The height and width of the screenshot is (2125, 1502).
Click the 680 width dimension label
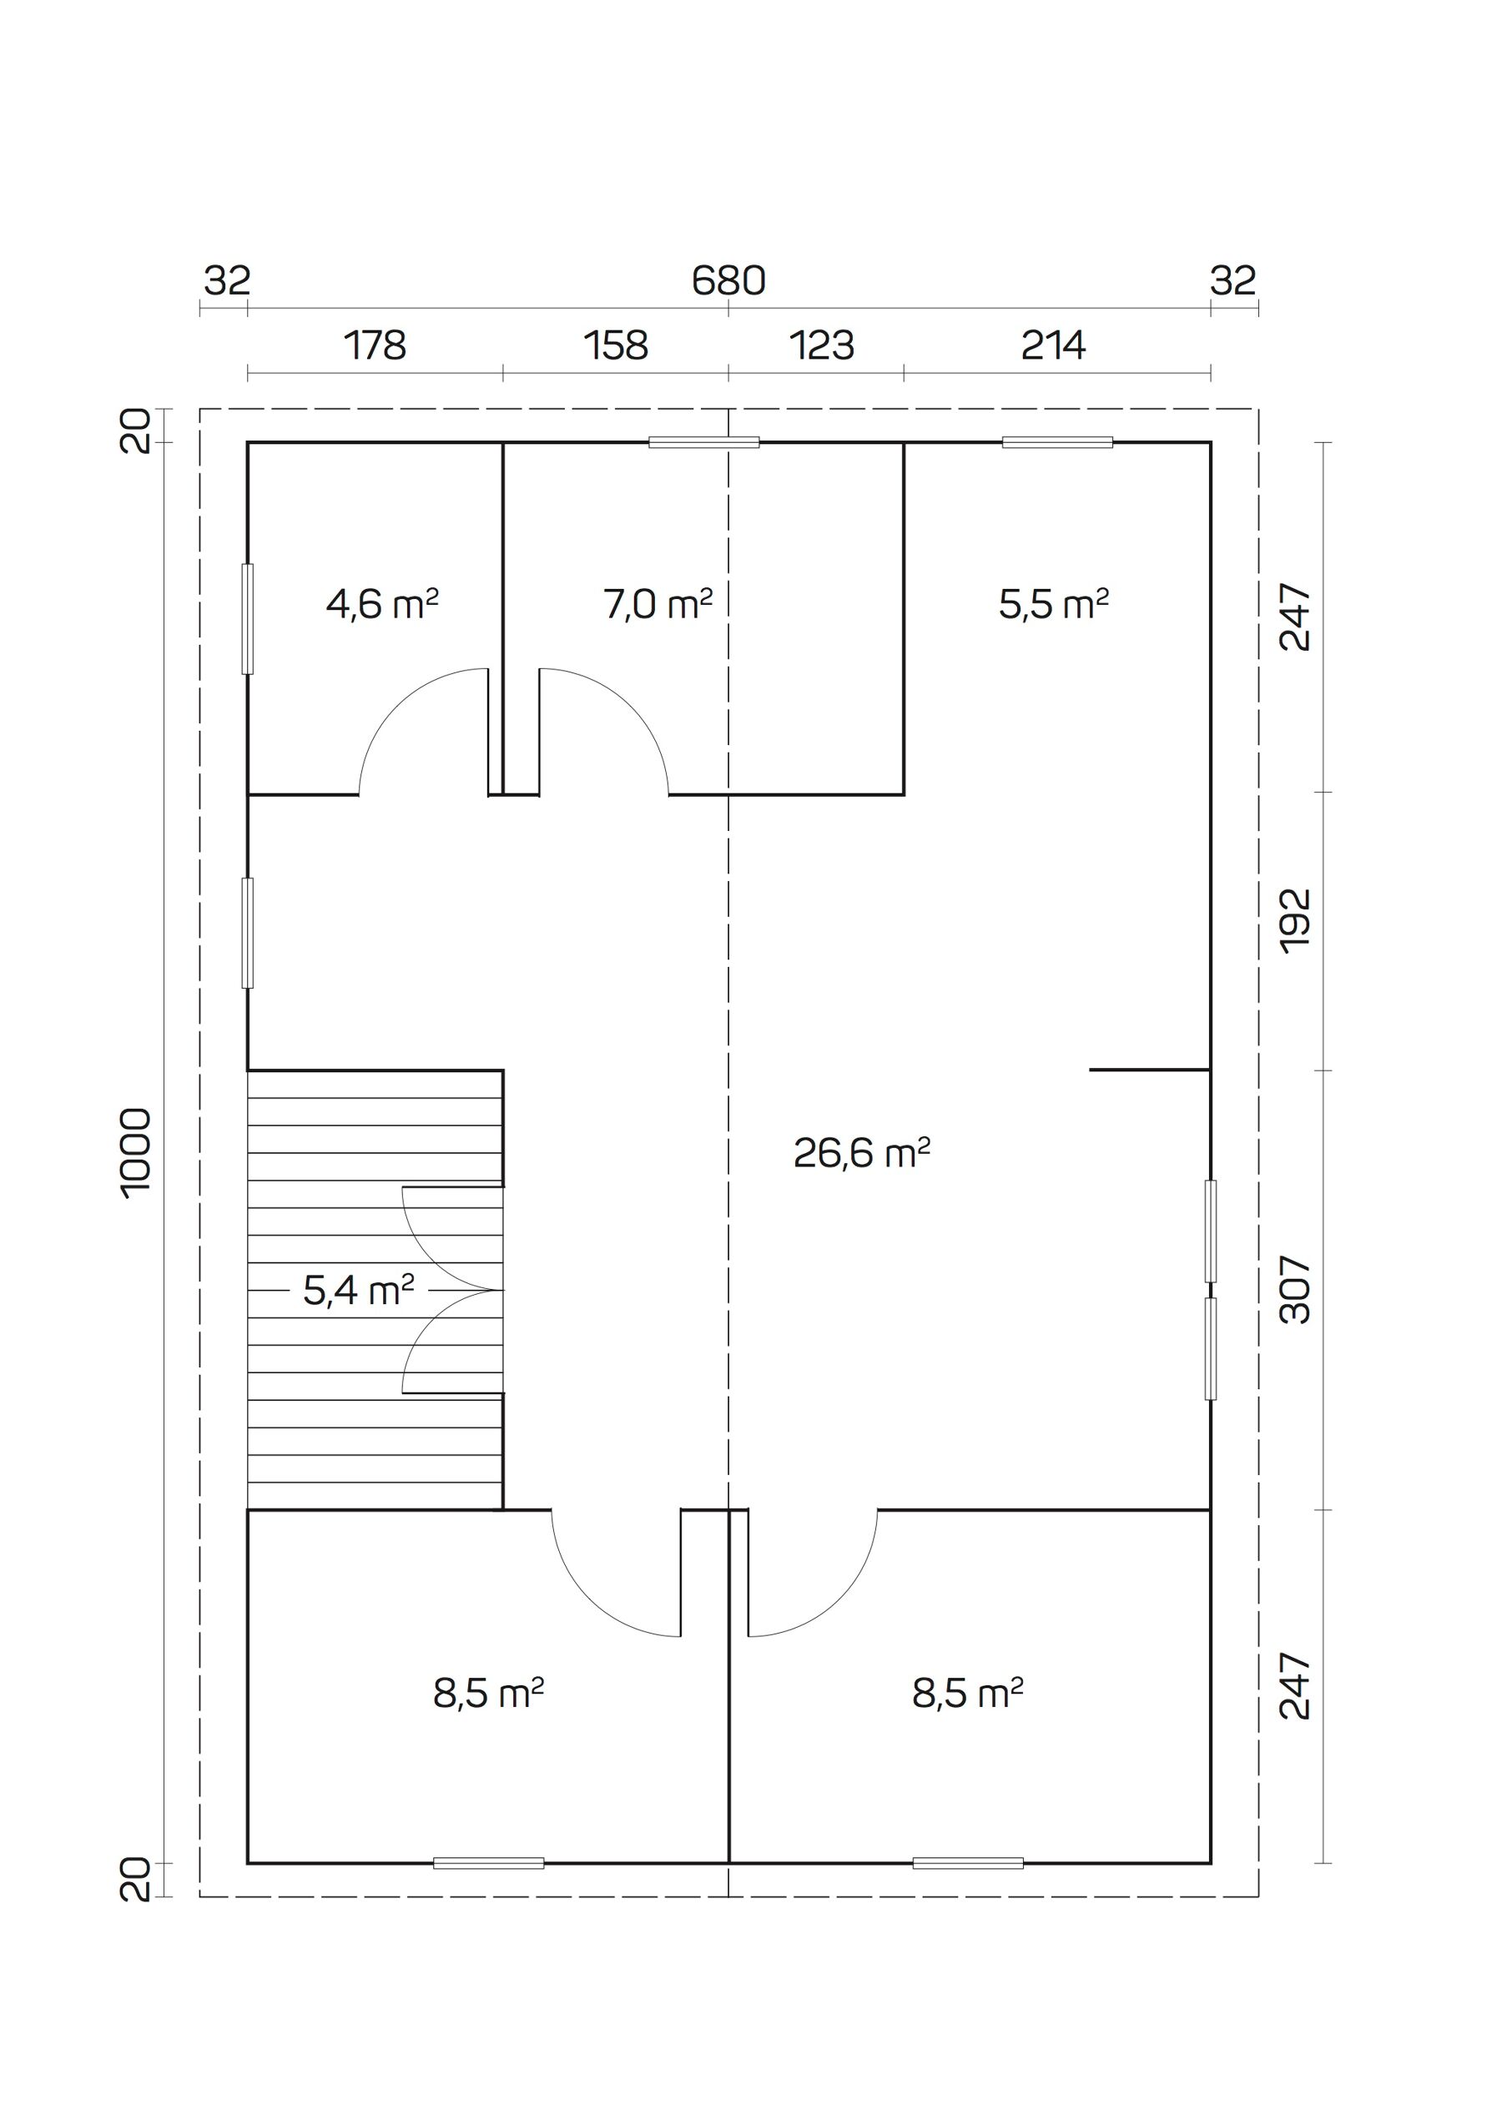tap(728, 280)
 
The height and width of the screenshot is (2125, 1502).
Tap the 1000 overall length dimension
tap(136, 1153)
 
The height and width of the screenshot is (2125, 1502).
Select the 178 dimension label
tap(375, 346)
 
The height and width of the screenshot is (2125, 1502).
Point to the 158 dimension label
tap(616, 346)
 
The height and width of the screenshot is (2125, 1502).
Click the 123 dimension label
tap(821, 346)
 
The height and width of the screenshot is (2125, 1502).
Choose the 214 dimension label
tap(1053, 346)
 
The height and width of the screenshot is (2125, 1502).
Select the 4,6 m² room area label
tap(381, 604)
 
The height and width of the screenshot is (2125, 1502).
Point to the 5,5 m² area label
tap(1053, 604)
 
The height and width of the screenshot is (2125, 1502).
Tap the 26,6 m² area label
tap(860, 1153)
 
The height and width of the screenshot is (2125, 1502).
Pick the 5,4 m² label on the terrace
tap(358, 1290)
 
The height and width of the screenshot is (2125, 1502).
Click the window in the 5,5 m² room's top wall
tap(1057, 442)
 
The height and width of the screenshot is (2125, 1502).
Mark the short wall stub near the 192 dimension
tap(1149, 1070)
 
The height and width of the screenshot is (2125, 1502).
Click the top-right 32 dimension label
tap(1232, 280)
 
